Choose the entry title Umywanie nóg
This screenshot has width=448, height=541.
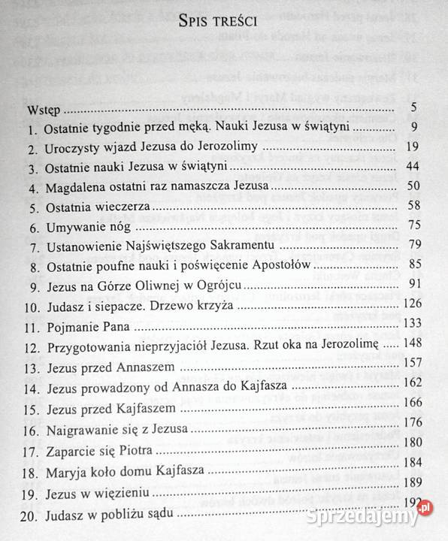pyautogui.click(x=89, y=226)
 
